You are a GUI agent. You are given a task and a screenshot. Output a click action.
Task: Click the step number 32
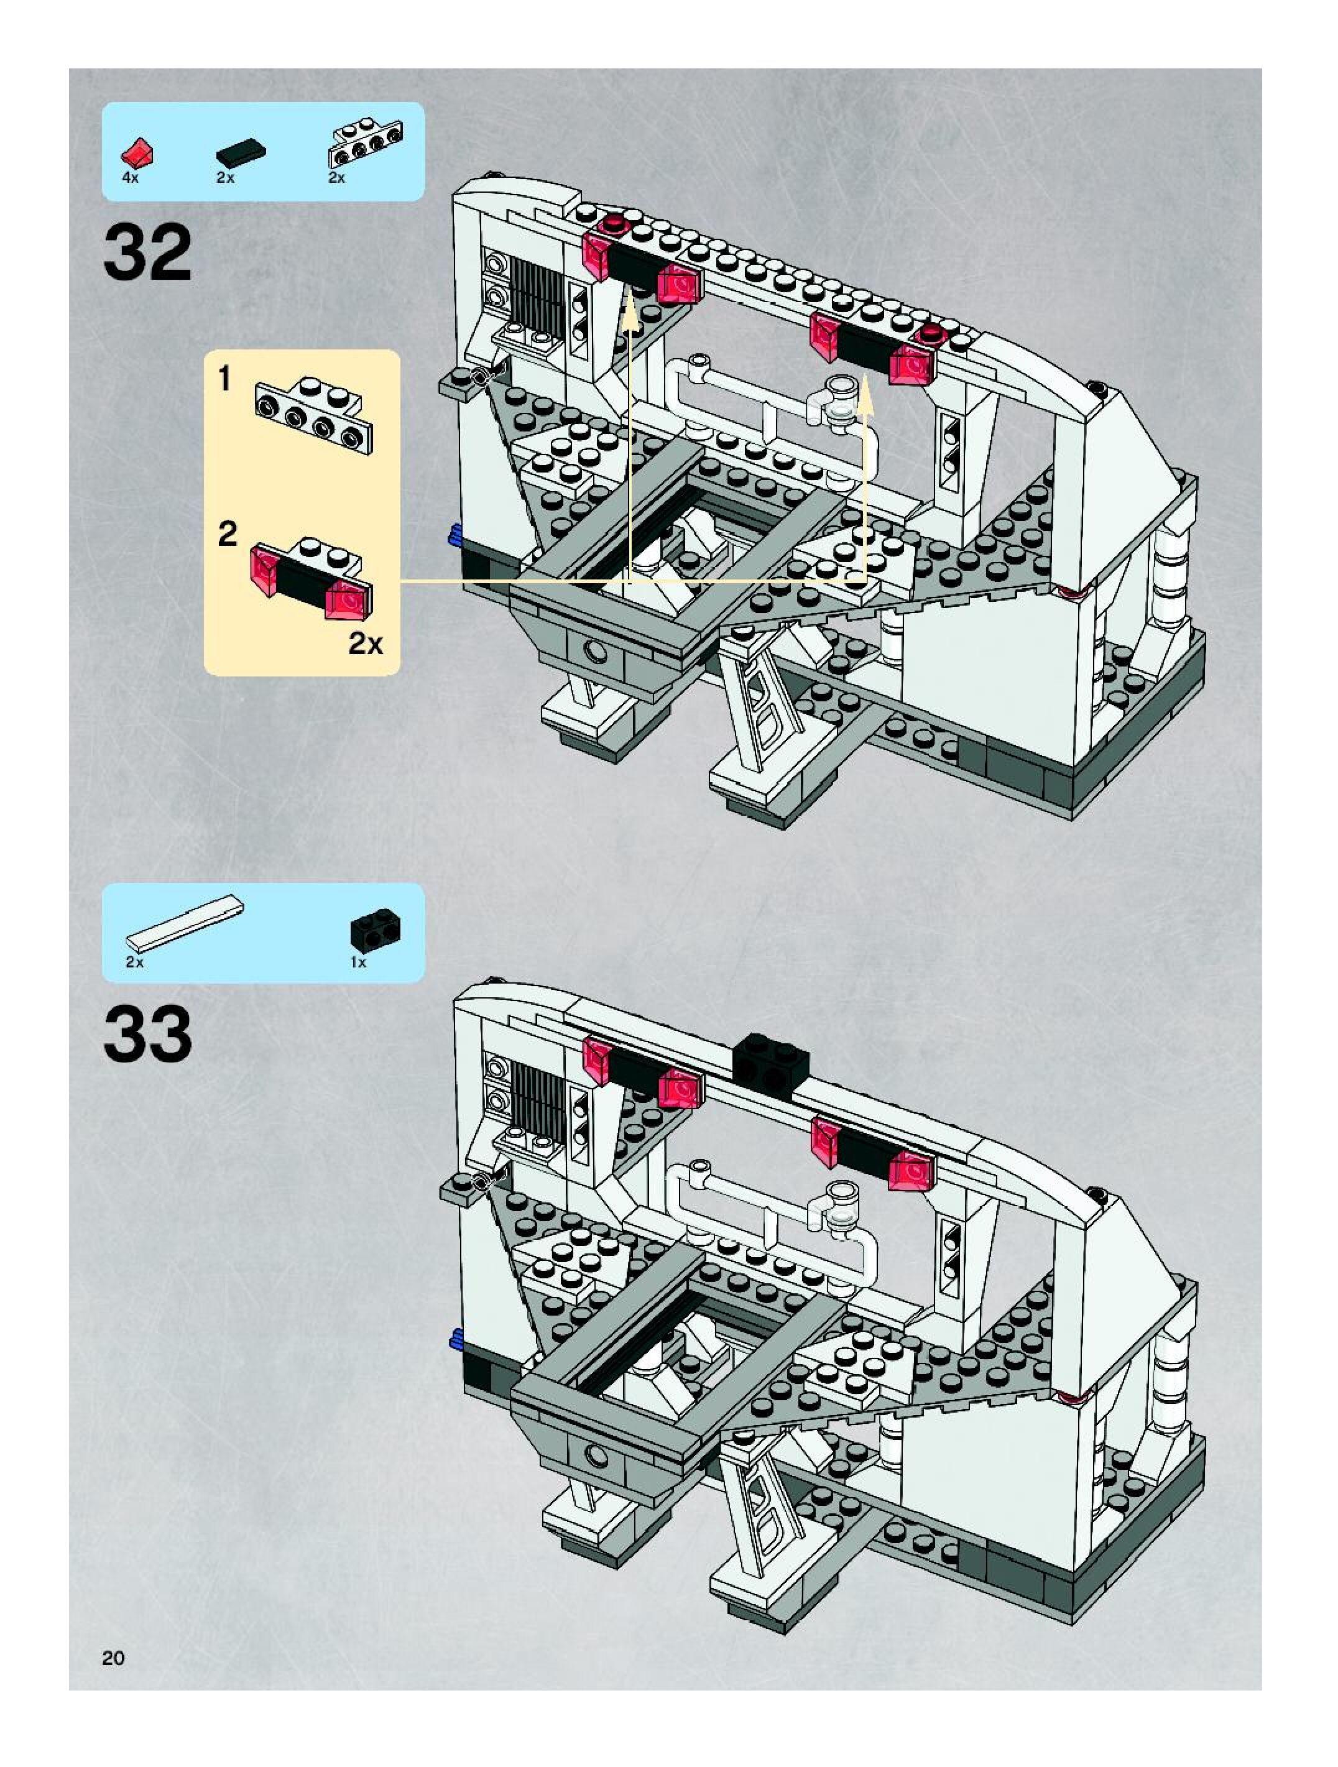(x=148, y=252)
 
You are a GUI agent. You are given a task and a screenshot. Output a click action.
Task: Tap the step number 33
(x=148, y=1035)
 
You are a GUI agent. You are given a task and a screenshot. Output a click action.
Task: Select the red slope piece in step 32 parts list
(x=137, y=152)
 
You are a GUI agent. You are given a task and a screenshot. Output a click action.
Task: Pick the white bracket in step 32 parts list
(x=365, y=143)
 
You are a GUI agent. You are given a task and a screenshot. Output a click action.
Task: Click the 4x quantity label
(x=130, y=178)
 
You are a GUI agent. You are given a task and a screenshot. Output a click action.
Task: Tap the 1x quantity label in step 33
(x=358, y=962)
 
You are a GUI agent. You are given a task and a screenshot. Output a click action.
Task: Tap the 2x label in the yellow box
(x=365, y=643)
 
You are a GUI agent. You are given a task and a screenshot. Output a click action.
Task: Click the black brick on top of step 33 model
(x=771, y=1062)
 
